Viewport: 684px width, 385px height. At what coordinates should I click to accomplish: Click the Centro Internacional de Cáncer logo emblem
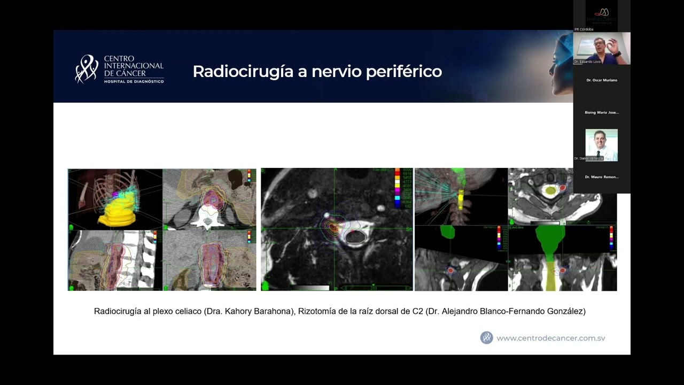tap(87, 70)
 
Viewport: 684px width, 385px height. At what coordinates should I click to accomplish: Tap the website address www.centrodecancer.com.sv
tap(550, 338)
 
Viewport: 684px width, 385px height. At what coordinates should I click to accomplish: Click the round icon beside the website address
tap(486, 337)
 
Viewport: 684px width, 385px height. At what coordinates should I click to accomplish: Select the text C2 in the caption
tap(418, 311)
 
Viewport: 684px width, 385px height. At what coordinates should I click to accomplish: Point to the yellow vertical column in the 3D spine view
tap(460, 202)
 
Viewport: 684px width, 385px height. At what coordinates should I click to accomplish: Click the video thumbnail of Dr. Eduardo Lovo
tap(602, 48)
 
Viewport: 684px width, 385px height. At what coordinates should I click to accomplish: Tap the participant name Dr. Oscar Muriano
tap(602, 80)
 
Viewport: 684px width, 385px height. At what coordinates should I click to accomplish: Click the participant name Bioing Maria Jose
tap(602, 113)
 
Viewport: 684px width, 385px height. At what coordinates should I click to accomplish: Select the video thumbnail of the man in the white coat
tap(602, 144)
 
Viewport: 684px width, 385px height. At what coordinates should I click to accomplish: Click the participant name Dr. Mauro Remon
tap(602, 177)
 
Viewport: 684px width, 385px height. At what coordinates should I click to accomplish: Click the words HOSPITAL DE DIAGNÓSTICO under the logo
tap(134, 81)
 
